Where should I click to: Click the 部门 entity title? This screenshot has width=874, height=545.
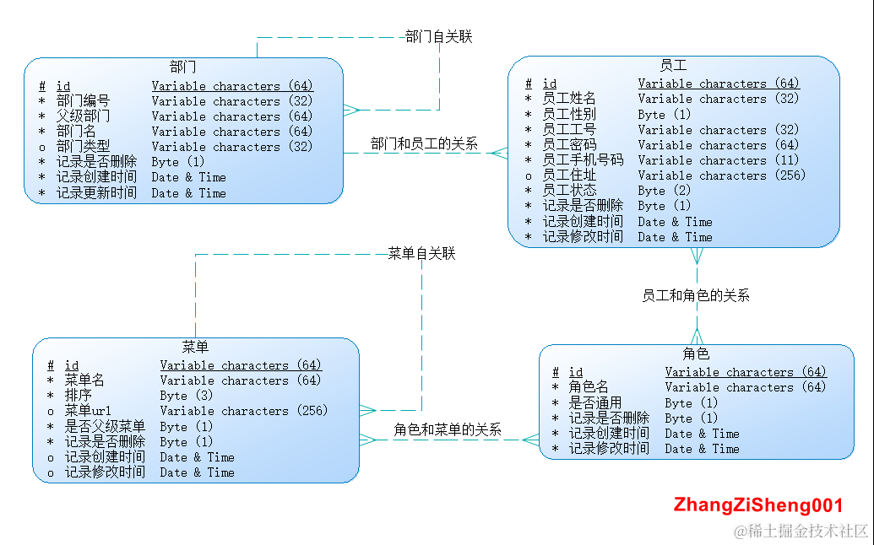[x=183, y=67]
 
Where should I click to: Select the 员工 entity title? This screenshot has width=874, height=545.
[x=673, y=65]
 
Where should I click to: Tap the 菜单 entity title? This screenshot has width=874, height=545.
[x=195, y=347]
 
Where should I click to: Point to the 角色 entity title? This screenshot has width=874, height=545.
[x=696, y=353]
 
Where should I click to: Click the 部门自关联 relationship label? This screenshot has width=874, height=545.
[x=438, y=36]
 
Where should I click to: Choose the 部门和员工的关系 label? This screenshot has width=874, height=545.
[x=424, y=144]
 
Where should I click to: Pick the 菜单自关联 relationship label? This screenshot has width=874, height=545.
[x=421, y=253]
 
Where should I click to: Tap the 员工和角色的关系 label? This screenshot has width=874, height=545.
[x=696, y=295]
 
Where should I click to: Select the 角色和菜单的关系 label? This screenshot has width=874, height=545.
[x=448, y=429]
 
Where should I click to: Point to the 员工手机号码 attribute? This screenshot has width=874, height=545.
[x=583, y=160]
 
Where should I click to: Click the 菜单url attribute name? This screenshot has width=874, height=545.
[x=89, y=411]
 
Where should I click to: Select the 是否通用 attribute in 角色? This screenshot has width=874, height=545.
[x=595, y=402]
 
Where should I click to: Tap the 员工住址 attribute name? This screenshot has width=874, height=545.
[x=569, y=175]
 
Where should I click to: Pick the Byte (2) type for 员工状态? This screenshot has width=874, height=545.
[x=665, y=191]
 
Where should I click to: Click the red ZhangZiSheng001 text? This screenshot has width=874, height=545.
[x=758, y=505]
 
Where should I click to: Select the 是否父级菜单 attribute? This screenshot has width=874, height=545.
[x=105, y=426]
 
